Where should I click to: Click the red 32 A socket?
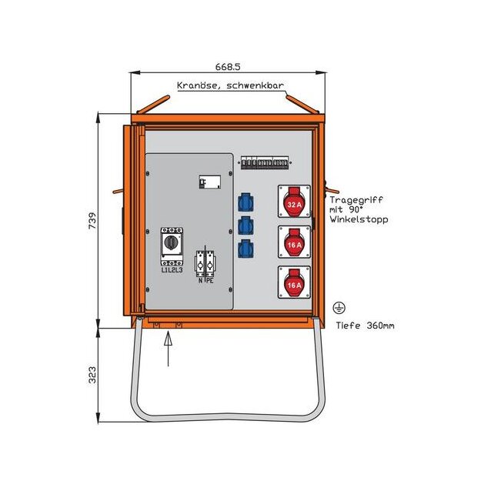point(294,202)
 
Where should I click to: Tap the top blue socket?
point(246,202)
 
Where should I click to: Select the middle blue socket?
point(246,225)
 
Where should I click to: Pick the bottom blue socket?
point(246,249)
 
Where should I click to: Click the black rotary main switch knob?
point(171,242)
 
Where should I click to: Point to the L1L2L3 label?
point(172,270)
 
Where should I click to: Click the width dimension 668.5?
point(228,66)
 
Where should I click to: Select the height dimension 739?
point(92,221)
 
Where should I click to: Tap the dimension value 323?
point(92,375)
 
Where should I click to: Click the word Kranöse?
point(197,85)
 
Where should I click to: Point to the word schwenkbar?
point(255,85)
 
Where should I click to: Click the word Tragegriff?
point(356,200)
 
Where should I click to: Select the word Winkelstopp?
point(359,219)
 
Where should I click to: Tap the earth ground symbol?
point(339,308)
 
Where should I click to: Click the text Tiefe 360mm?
point(365,326)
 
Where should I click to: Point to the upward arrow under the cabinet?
point(168,349)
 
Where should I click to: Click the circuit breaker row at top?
point(265,163)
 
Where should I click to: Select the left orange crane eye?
point(153,105)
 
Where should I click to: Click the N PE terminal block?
point(205,265)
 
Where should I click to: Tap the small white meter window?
point(210,182)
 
